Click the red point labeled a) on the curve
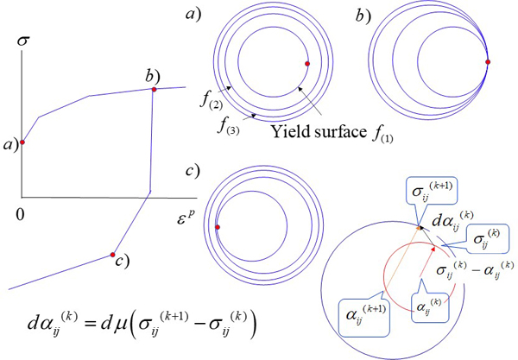(x=23, y=142)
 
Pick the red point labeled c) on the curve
(x=112, y=255)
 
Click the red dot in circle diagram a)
(x=306, y=63)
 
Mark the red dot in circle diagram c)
(x=218, y=227)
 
